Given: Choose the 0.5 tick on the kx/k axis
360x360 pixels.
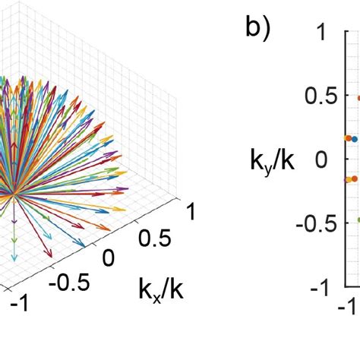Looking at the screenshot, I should click(153, 238).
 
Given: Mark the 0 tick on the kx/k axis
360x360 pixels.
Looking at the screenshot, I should click(108, 259).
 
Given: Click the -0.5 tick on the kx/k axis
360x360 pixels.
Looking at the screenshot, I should click(68, 282).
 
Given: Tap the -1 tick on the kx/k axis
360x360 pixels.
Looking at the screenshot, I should click(20, 302).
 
